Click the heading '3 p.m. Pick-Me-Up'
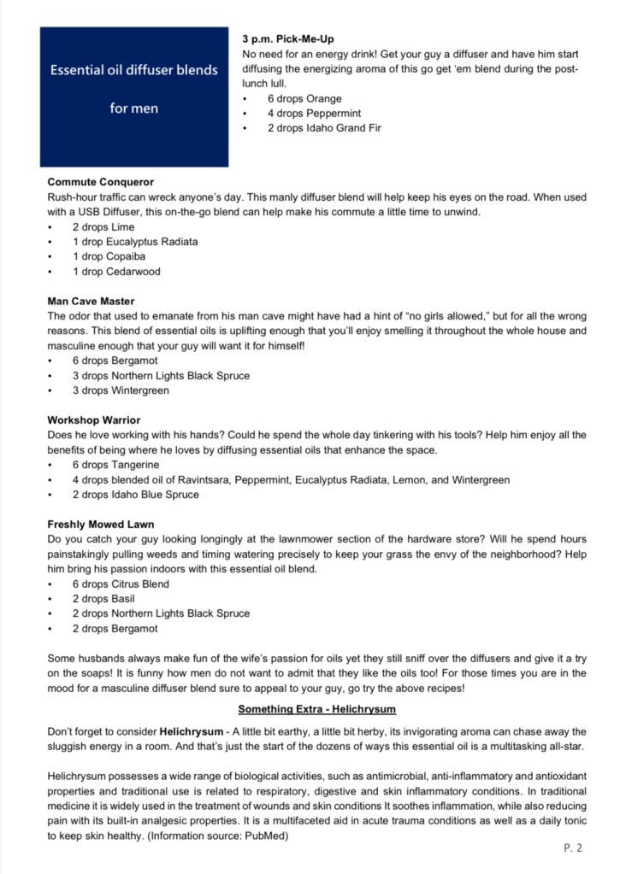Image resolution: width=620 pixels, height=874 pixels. (x=288, y=39)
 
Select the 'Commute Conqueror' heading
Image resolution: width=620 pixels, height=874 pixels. (x=101, y=182)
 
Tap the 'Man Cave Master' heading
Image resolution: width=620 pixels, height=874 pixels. (x=91, y=302)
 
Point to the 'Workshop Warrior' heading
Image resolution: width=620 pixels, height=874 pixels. (x=94, y=420)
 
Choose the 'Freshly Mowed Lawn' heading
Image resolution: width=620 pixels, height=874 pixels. (x=101, y=525)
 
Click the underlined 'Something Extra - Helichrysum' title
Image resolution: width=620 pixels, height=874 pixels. (x=317, y=709)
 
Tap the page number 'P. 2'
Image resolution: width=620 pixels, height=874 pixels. (x=573, y=848)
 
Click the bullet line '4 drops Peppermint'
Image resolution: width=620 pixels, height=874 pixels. (x=313, y=114)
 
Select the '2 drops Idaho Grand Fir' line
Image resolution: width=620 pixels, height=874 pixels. (x=323, y=128)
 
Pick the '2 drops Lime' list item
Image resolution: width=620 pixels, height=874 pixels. (x=103, y=227)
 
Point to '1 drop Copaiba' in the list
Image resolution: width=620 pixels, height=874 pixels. (x=109, y=256)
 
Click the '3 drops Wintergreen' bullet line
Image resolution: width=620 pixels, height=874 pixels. (x=120, y=390)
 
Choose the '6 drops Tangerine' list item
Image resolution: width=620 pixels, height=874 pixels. (x=115, y=465)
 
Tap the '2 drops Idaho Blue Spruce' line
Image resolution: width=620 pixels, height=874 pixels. (x=135, y=495)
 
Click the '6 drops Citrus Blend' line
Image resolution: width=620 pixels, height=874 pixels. (x=121, y=584)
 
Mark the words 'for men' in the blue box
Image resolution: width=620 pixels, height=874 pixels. (x=133, y=109)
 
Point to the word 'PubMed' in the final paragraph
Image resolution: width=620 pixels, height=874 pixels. (x=267, y=836)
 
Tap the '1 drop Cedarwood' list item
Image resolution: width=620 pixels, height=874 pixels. (x=115, y=272)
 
